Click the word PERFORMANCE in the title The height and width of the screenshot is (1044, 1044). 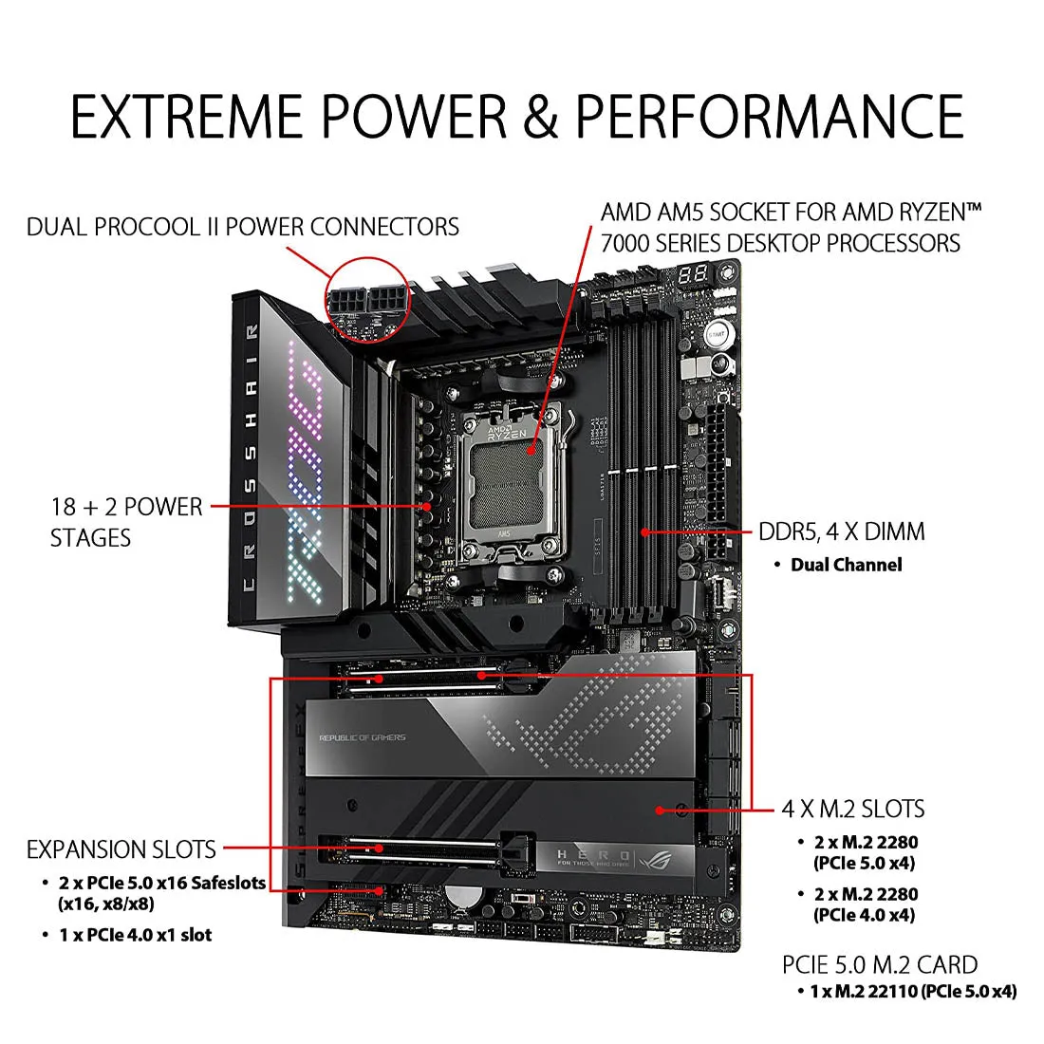tap(770, 116)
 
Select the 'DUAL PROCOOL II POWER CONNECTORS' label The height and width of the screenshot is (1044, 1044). tap(243, 227)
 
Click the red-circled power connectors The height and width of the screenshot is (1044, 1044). tap(366, 297)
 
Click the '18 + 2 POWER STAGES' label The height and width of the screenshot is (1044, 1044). tap(126, 522)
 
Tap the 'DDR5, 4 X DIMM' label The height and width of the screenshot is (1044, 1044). tap(841, 531)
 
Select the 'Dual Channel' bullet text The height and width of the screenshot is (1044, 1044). tap(846, 565)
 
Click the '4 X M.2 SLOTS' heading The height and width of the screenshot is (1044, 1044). tap(852, 809)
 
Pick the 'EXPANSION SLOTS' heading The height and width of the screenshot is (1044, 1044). tap(121, 848)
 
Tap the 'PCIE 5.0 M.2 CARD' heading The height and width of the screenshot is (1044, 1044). tap(880, 964)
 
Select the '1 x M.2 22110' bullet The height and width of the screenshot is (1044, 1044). tap(912, 991)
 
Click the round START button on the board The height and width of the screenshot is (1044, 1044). tap(717, 334)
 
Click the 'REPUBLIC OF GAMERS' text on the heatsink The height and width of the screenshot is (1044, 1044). tap(362, 737)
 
